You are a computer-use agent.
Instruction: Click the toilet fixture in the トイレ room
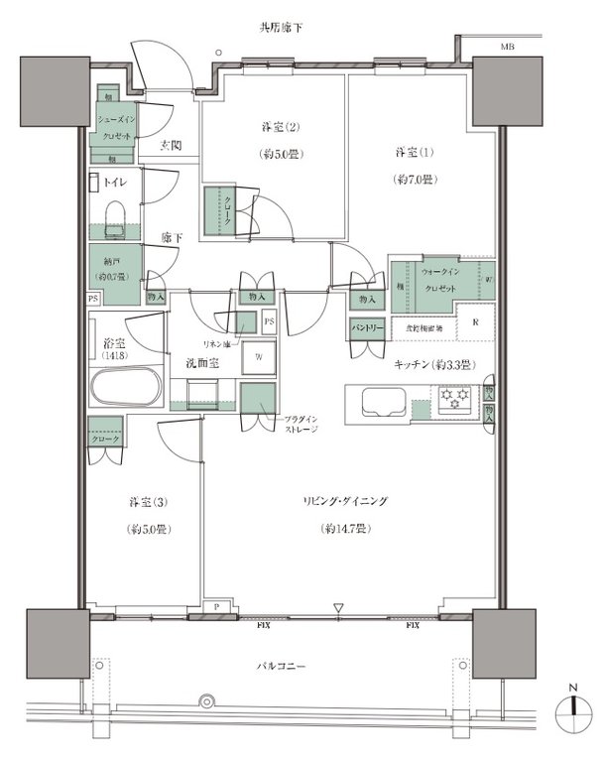coord(114,217)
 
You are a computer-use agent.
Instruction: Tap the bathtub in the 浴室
coord(125,387)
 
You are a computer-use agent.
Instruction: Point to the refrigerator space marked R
coord(475,322)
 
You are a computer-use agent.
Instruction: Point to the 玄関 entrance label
coord(172,146)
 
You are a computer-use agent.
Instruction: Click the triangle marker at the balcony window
coord(339,608)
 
